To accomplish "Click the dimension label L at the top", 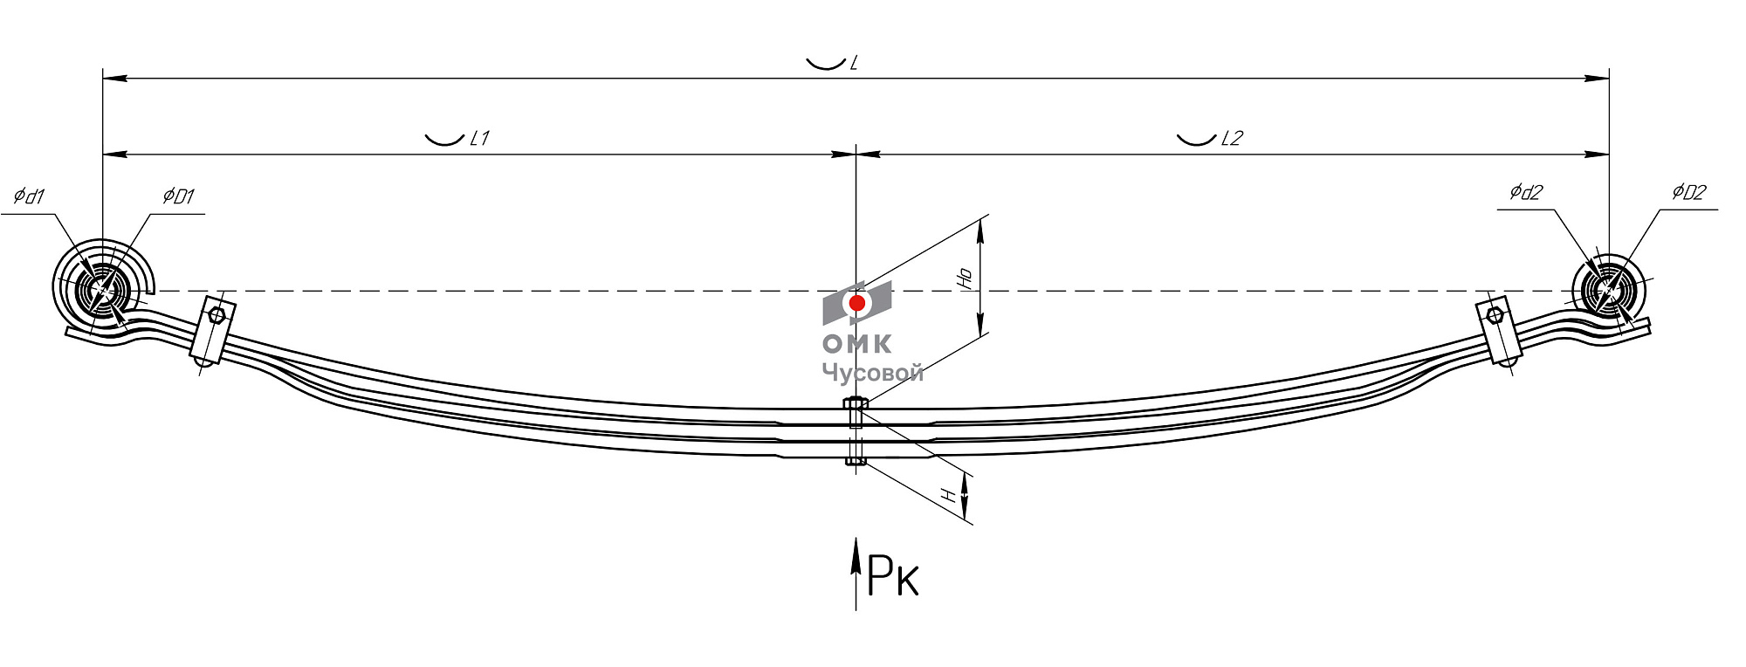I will [x=854, y=63].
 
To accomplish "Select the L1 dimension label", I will [x=479, y=138].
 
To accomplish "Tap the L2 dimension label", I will [x=1231, y=138].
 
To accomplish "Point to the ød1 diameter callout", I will [x=29, y=196].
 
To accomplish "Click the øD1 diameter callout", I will [x=178, y=196].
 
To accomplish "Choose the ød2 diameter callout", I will [x=1526, y=192].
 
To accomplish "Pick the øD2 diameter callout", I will [x=1688, y=192].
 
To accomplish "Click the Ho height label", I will [x=966, y=278].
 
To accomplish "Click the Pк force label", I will [x=893, y=576].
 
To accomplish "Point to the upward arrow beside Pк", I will [x=856, y=572].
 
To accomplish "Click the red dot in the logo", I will [x=857, y=303].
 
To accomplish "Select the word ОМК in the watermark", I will [x=857, y=344].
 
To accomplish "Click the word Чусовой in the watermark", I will [x=872, y=373].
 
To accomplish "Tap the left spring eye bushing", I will [x=103, y=291].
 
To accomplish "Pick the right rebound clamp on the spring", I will [x=1498, y=331].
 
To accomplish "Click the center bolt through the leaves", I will [x=856, y=431].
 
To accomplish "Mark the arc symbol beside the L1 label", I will [x=444, y=139].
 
